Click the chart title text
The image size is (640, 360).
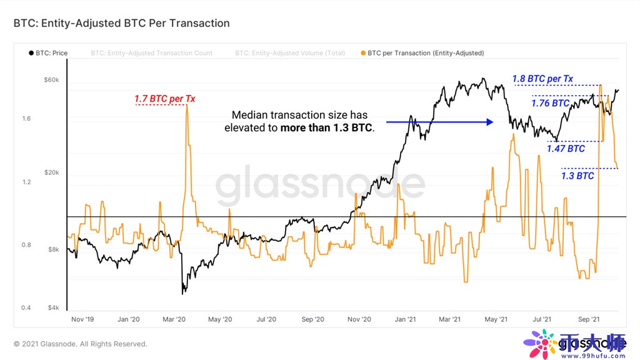pos(121,23)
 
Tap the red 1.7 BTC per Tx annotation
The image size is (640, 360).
pos(160,99)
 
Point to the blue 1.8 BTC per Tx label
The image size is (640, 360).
pos(542,79)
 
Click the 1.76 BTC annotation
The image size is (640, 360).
pos(550,103)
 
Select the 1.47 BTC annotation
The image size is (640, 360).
pos(566,149)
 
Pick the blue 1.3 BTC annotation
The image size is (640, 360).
pos(577,176)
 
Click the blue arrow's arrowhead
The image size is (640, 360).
pos(491,122)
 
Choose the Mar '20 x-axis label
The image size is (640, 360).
pos(174,319)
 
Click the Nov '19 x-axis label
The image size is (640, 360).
pos(82,319)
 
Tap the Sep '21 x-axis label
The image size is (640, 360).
pos(588,319)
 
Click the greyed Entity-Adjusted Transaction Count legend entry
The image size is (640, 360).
pos(151,53)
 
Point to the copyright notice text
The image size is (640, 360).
pos(81,344)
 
